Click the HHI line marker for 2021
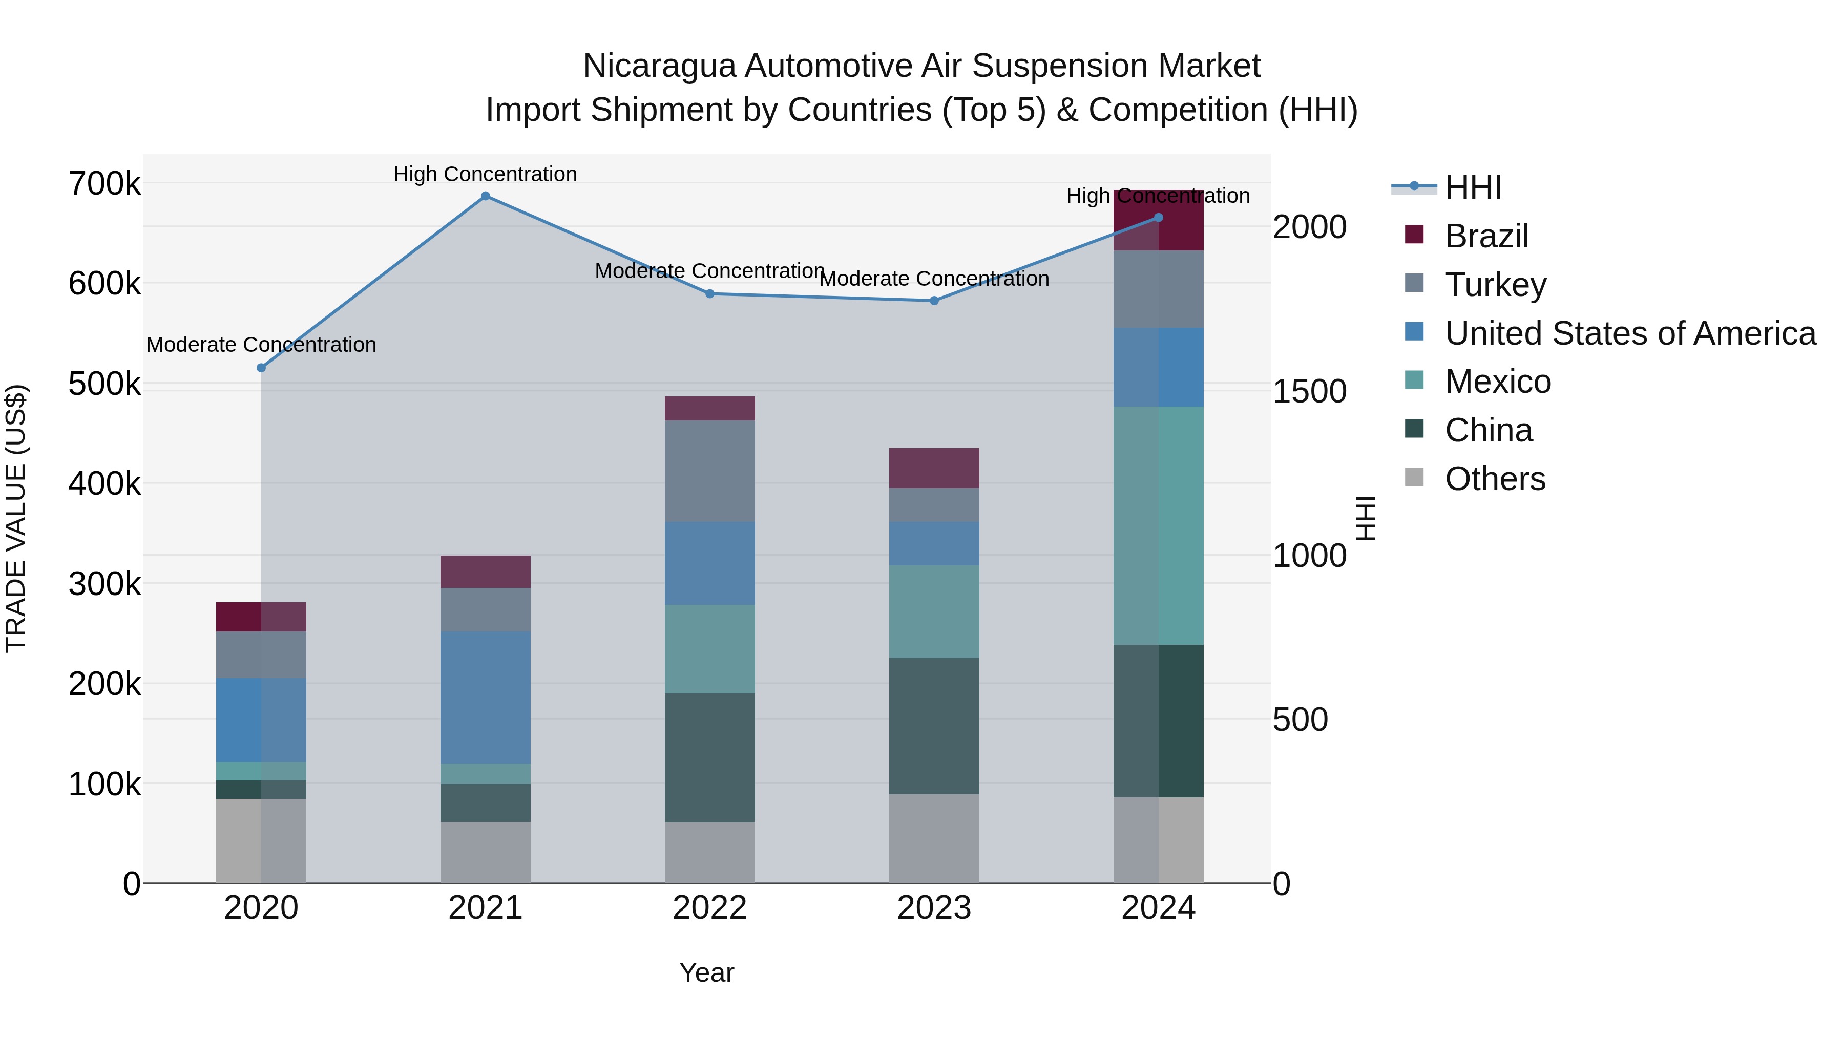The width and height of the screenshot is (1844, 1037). click(486, 196)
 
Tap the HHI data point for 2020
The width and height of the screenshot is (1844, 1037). click(261, 368)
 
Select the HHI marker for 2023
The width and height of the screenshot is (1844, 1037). click(934, 301)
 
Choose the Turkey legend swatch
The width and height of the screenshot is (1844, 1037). click(1414, 283)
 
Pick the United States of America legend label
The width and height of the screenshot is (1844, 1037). click(1630, 333)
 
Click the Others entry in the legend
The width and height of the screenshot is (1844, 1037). click(1495, 479)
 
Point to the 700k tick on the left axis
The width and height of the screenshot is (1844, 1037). click(104, 184)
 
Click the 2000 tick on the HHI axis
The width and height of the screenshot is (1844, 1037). click(1309, 227)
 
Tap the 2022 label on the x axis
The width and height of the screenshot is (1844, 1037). click(709, 908)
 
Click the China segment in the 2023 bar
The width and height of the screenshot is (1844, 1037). click(934, 726)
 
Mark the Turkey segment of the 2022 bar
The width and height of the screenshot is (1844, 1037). click(709, 471)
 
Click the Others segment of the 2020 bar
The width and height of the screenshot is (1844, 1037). click(261, 841)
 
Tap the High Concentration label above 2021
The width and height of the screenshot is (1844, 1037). click(486, 175)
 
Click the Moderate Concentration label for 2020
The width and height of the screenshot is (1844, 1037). click(261, 345)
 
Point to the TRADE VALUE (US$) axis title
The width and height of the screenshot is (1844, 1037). click(16, 518)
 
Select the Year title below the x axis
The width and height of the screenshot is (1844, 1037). click(706, 972)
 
